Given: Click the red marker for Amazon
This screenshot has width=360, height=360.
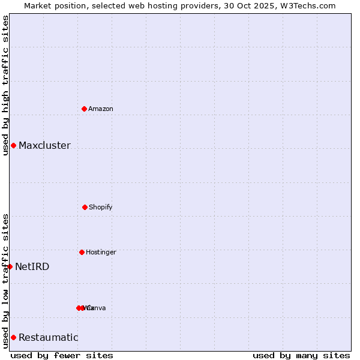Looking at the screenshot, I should click(84, 109).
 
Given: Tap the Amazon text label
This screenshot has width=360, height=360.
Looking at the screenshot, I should click(101, 109).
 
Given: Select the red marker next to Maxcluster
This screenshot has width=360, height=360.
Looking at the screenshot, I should click(13, 145).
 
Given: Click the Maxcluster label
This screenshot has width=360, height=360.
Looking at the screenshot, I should click(44, 146).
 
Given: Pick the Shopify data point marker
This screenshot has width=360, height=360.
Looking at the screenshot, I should click(85, 207).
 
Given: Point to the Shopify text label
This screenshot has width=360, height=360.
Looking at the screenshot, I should click(101, 207).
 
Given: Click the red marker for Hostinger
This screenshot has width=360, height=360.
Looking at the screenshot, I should click(82, 252).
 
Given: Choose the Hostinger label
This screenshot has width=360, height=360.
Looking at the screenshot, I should click(101, 252).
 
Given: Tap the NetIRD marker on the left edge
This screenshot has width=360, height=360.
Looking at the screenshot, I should click(10, 266).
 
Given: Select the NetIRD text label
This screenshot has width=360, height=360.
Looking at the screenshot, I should click(32, 267).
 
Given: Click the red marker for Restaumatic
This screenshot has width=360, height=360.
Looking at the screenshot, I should click(13, 337).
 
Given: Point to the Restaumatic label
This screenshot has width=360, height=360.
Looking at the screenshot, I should click(49, 338).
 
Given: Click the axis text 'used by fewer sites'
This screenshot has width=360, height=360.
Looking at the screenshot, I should click(62, 355).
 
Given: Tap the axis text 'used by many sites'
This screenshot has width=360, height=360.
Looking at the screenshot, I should click(301, 355).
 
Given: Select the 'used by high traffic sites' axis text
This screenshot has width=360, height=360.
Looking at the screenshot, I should click(5, 85).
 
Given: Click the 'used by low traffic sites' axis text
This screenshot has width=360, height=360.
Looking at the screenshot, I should click(5, 281).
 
